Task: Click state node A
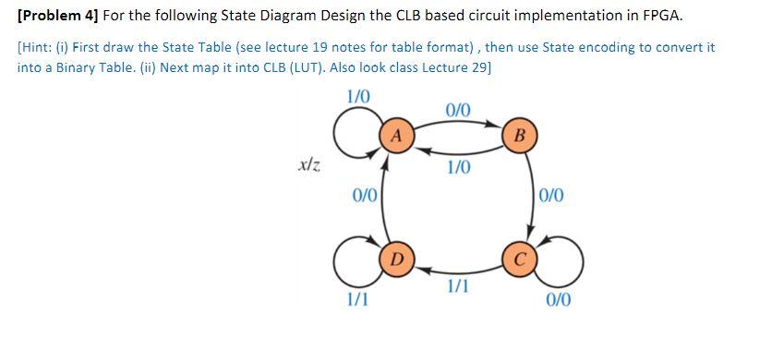[395, 135]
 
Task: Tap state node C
[520, 256]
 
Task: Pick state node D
[395, 256]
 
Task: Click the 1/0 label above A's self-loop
[357, 96]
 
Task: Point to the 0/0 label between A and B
[458, 110]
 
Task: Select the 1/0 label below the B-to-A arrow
[458, 167]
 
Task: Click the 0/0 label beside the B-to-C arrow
[553, 195]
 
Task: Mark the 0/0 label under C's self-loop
[558, 300]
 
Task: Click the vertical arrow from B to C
[534, 196]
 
